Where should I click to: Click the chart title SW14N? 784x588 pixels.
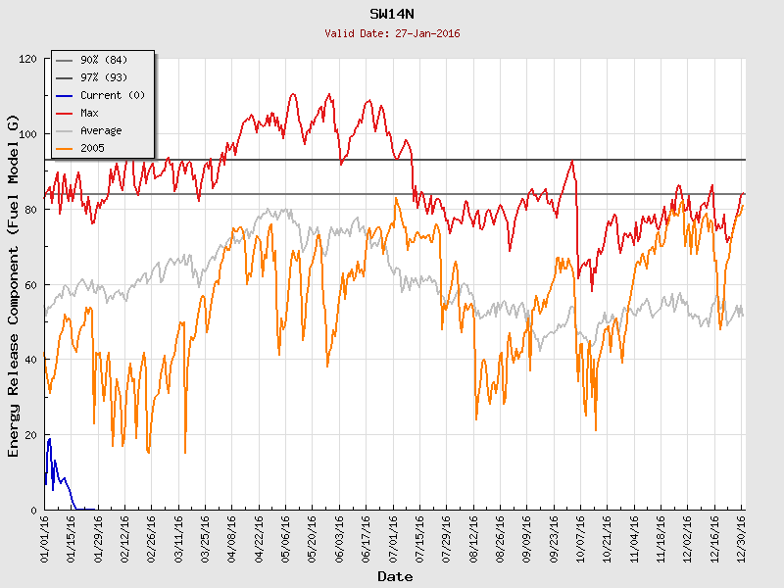(392, 15)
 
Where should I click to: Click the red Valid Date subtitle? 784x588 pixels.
(392, 33)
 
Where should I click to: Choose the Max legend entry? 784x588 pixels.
(89, 113)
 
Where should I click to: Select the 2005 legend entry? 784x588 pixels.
(92, 148)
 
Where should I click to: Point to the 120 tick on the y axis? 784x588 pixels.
(27, 59)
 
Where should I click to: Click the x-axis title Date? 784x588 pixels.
(395, 577)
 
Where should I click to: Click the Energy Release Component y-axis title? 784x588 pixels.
(14, 284)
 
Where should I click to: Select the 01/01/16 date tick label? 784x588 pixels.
(45, 537)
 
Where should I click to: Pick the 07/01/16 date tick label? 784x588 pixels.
(393, 537)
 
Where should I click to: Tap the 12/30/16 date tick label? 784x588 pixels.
(741, 537)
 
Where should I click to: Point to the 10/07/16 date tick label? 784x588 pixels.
(580, 537)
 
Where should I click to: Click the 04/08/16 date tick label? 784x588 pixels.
(232, 537)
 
